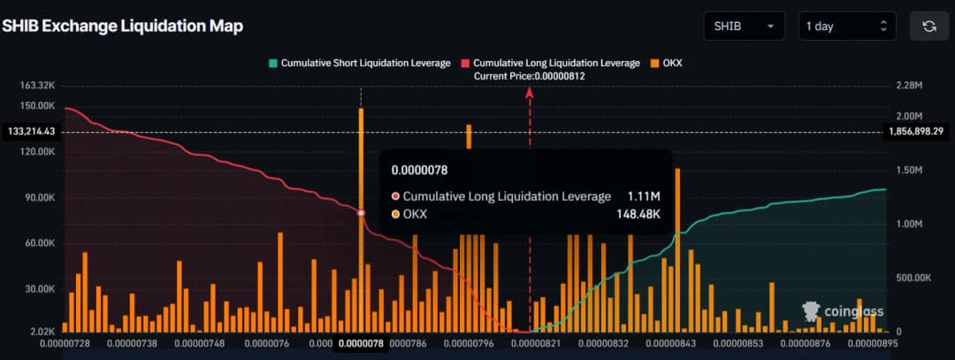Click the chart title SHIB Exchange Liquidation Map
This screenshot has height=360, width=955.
(122, 26)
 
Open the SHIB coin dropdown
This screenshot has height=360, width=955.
(744, 27)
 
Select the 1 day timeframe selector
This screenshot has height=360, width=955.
(846, 27)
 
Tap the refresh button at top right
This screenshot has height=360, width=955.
(928, 27)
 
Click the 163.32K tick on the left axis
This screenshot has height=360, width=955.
(37, 86)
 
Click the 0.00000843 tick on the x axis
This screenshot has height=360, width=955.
(676, 343)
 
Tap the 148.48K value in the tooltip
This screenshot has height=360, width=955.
(638, 214)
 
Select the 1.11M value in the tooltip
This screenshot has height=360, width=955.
(644, 196)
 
